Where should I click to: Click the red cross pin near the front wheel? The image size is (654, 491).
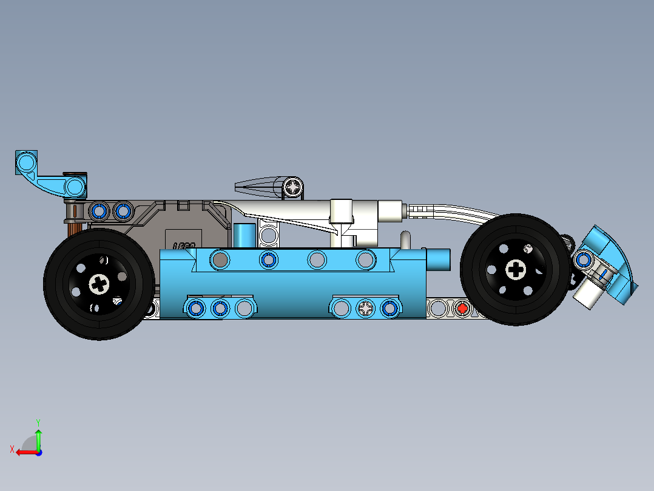(x=462, y=309)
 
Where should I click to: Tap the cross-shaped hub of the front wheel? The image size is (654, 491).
(x=516, y=269)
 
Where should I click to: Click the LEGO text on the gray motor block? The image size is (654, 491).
(x=184, y=245)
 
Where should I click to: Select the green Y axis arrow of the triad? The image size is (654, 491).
(x=38, y=439)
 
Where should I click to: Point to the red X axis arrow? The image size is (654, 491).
(x=24, y=452)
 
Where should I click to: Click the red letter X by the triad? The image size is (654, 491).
(x=12, y=449)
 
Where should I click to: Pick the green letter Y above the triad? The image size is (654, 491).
(x=38, y=421)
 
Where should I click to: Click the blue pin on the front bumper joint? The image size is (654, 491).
(x=584, y=259)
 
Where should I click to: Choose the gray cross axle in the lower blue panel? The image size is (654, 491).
(x=366, y=309)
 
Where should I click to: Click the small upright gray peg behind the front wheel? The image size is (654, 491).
(x=405, y=239)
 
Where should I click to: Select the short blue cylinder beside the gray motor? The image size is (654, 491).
(x=244, y=236)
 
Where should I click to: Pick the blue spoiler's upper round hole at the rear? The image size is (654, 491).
(x=27, y=163)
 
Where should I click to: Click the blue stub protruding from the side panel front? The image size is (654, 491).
(x=439, y=259)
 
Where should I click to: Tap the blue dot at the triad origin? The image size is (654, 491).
(x=38, y=452)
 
